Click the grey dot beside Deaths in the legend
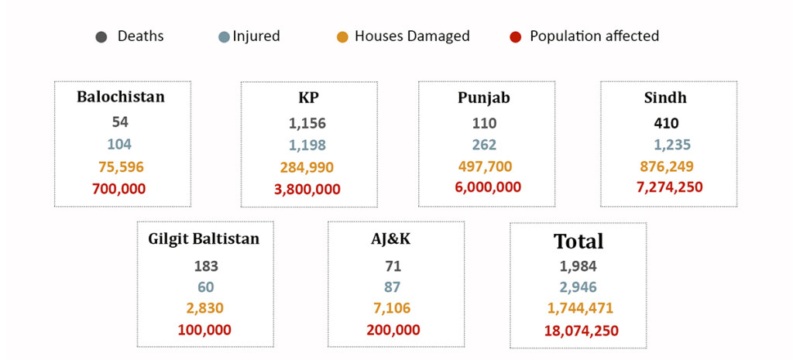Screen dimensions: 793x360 pyautogui.click(x=101, y=37)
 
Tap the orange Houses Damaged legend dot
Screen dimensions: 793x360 pyautogui.click(x=342, y=37)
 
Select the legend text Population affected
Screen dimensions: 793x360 pyautogui.click(x=594, y=36)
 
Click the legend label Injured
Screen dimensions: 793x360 pyautogui.click(x=256, y=36)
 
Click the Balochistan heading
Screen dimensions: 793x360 pyautogui.click(x=121, y=97)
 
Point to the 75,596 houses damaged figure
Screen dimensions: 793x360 pyautogui.click(x=121, y=167)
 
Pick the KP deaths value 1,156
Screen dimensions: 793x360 pyautogui.click(x=307, y=123)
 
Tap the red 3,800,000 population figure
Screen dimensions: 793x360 pyautogui.click(x=307, y=190)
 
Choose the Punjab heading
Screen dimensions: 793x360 pyautogui.click(x=484, y=98)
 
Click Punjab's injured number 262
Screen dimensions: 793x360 pyautogui.click(x=484, y=145)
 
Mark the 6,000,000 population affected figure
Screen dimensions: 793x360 pyautogui.click(x=488, y=187)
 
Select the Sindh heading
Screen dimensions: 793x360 pyautogui.click(x=665, y=97)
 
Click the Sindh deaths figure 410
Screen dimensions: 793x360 pyautogui.click(x=666, y=123)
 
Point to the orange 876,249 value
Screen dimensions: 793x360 pyautogui.click(x=666, y=166)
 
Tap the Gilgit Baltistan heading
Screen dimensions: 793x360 pyautogui.click(x=204, y=238)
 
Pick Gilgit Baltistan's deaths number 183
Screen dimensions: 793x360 pyautogui.click(x=206, y=266)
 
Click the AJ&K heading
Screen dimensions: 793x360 pyautogui.click(x=391, y=238)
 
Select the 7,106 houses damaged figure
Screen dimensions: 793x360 pyautogui.click(x=392, y=308)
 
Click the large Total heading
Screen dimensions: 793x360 pyautogui.click(x=578, y=242)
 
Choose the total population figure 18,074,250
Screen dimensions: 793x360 pyautogui.click(x=581, y=331)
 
